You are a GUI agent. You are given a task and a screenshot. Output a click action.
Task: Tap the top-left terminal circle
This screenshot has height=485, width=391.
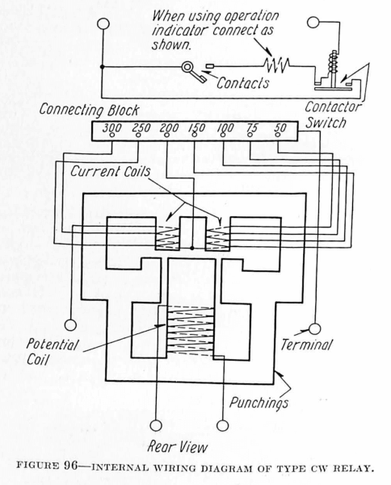[x=103, y=24]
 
